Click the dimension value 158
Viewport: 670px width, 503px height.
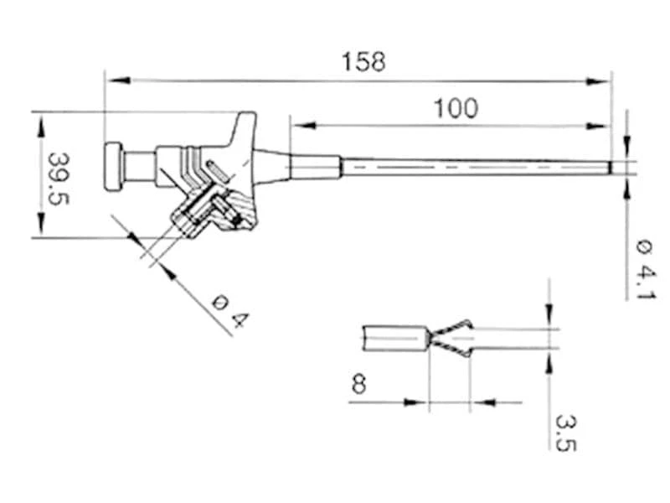[364, 62]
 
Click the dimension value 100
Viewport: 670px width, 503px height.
[456, 108]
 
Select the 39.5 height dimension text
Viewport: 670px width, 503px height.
[58, 178]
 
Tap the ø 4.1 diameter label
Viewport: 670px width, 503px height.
[646, 269]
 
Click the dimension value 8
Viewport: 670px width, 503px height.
[358, 385]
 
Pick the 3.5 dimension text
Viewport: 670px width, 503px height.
[566, 431]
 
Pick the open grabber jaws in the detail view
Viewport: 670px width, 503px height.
[452, 338]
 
